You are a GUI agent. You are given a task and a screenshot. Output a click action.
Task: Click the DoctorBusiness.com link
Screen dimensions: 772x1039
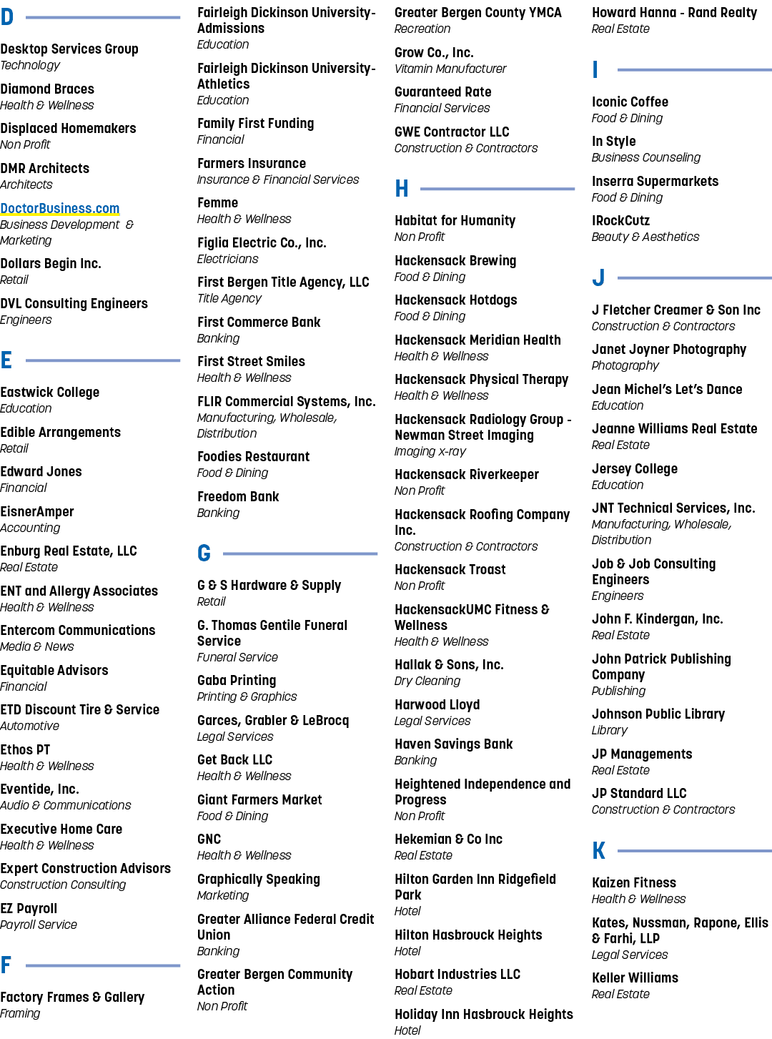coord(60,209)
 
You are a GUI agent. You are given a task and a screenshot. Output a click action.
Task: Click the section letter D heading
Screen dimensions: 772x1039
coord(6,17)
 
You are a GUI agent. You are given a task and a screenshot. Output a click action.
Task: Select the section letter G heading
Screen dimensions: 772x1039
coord(204,553)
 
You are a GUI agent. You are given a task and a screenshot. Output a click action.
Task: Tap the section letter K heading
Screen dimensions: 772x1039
coord(599,850)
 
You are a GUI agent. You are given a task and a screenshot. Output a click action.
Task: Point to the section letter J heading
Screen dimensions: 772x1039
coord(598,277)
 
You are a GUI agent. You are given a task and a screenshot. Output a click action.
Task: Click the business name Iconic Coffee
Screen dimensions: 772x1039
coord(630,102)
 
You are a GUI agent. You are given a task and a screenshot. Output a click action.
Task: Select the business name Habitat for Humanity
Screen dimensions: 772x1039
coord(455,221)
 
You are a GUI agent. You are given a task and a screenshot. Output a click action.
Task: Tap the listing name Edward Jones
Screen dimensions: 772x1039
coord(41,472)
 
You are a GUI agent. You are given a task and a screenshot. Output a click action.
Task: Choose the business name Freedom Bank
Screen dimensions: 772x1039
coord(238,496)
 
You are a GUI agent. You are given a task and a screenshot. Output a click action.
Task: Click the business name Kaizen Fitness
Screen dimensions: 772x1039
coord(634,882)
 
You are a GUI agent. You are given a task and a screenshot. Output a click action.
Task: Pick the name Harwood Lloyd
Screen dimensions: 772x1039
coord(437,705)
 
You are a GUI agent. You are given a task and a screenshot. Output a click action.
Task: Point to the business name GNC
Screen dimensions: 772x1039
coord(209,839)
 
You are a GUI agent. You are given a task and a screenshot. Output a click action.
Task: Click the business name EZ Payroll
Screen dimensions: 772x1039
coord(29,909)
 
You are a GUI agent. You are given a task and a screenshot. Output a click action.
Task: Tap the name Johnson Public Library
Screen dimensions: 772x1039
coord(658,714)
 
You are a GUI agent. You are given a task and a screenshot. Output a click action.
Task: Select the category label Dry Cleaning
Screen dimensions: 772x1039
coord(427,681)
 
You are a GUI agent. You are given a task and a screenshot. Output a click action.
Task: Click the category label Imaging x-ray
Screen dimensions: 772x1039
coord(430,452)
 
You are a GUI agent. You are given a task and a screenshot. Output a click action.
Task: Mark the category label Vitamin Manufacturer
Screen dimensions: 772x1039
coord(450,69)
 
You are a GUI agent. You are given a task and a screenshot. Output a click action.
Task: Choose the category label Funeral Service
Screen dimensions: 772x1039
coord(237,657)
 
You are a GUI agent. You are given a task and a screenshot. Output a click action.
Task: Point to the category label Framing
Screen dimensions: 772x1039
coord(20,1013)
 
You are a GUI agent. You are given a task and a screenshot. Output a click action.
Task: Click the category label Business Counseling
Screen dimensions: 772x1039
coord(646,158)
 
